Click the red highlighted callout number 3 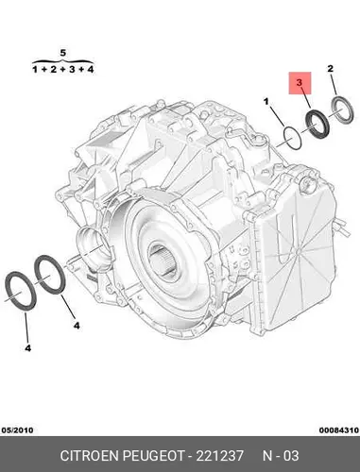coord(300,83)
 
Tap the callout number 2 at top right coord(331,68)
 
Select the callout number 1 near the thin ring coord(266,102)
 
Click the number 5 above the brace coord(63,53)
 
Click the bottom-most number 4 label coord(28,348)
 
